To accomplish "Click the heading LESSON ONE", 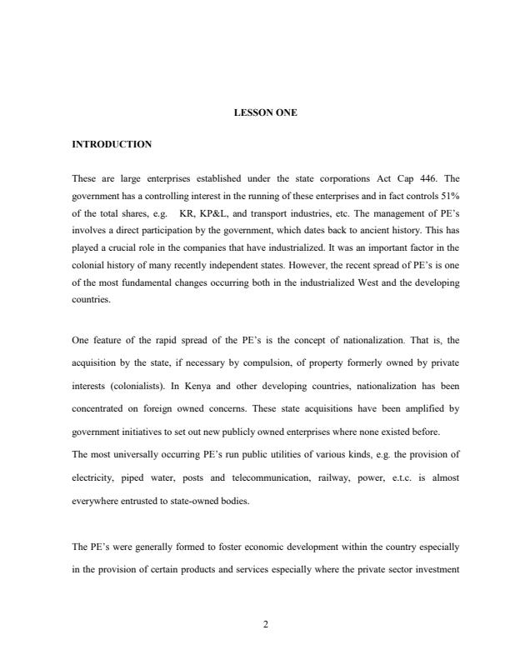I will coord(265,112).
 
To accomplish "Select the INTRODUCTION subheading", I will coord(112,144).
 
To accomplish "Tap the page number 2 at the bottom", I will coord(265,624).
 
